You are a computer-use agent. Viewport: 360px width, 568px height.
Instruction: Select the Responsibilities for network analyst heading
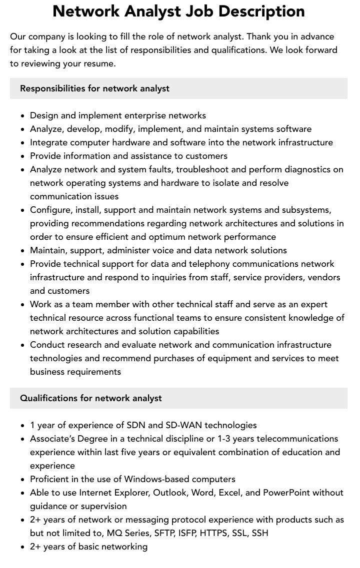coord(94,88)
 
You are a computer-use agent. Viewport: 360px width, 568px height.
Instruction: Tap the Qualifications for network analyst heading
coord(91,398)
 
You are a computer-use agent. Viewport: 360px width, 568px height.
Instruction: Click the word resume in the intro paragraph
coord(100,63)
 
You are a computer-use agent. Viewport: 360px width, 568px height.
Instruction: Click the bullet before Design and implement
coord(23,116)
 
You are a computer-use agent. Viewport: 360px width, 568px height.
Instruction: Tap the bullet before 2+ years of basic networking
coord(23,547)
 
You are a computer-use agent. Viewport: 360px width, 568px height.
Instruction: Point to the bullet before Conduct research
coord(23,345)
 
